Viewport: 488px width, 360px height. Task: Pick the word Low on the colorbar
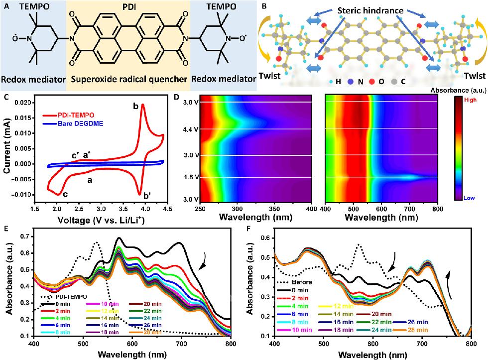click(470, 197)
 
